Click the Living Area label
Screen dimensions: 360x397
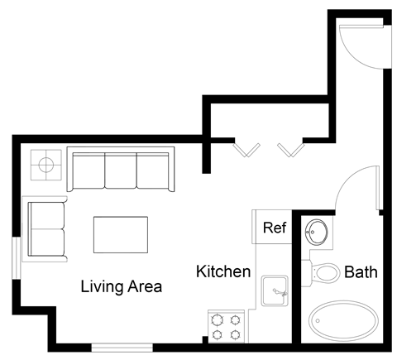pyautogui.click(x=121, y=287)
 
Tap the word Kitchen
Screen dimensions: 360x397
pyautogui.click(x=223, y=271)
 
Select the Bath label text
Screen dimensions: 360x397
pyautogui.click(x=361, y=271)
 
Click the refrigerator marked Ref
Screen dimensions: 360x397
pyautogui.click(x=274, y=228)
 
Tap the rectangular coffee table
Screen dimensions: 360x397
pyautogui.click(x=121, y=234)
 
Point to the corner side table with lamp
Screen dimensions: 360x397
pyautogui.click(x=45, y=166)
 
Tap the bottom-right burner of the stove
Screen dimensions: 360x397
pyautogui.click(x=237, y=334)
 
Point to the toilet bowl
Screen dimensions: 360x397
pyautogui.click(x=327, y=271)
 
